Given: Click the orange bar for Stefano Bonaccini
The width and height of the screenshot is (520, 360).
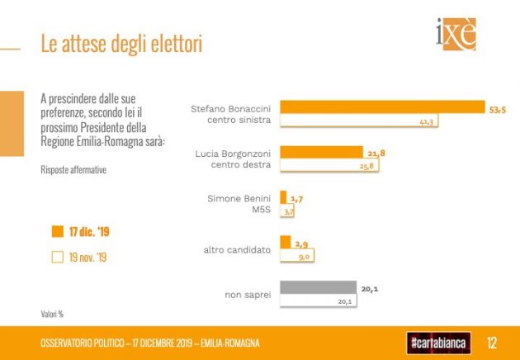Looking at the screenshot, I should pos(381,107).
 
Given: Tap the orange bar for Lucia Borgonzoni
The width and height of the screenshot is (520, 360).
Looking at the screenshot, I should pos(321,152).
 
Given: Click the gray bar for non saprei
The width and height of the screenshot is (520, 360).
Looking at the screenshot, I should pos(319,288).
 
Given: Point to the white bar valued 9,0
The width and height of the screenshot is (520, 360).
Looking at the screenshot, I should pos(295,256).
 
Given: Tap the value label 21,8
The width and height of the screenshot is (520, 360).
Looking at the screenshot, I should pos(376,152).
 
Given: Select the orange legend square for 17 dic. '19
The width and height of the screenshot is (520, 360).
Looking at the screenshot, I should pos(57,232).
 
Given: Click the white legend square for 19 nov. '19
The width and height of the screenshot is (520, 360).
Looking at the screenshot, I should pos(57,257).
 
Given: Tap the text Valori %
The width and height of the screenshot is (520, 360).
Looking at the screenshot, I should pos(53,314).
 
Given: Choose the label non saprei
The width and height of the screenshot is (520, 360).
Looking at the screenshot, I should pos(248,295).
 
